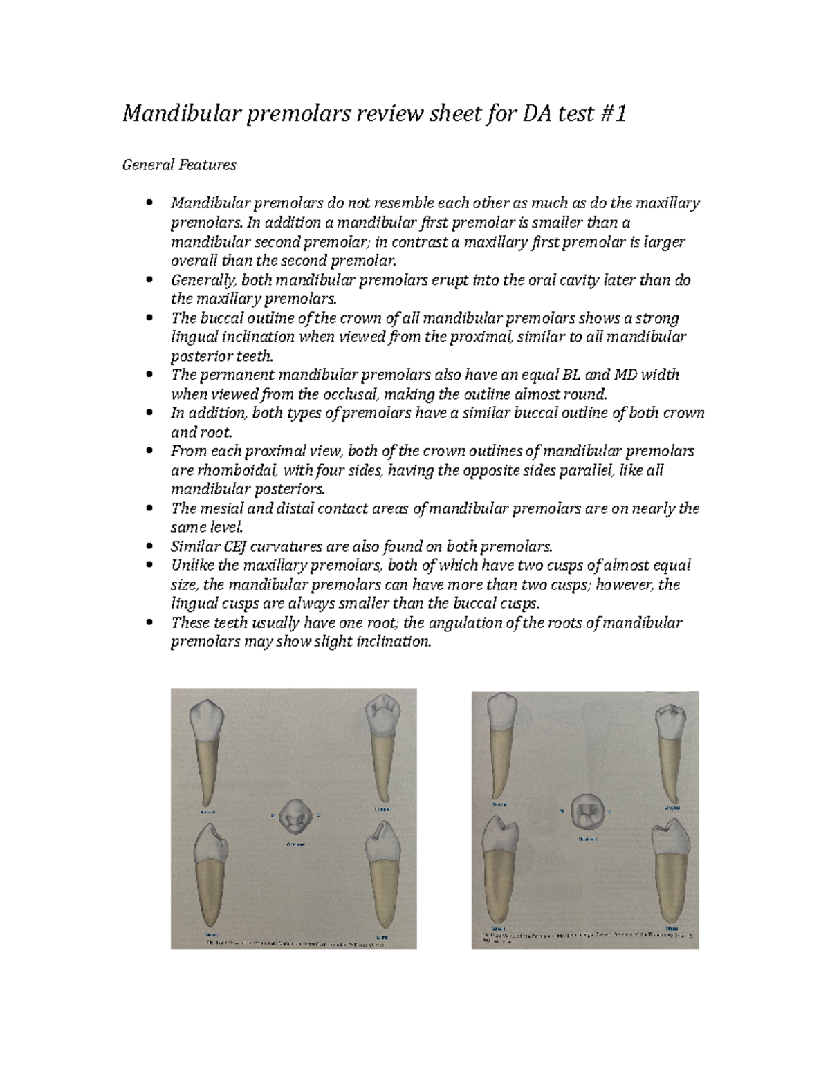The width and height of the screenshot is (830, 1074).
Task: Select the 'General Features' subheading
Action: pyautogui.click(x=179, y=165)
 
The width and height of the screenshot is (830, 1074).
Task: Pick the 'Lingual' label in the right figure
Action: pyautogui.click(x=672, y=808)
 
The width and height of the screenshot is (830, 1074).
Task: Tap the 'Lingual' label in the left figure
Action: pyautogui.click(x=382, y=808)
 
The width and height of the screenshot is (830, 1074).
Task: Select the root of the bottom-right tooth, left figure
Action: pyautogui.click(x=382, y=892)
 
